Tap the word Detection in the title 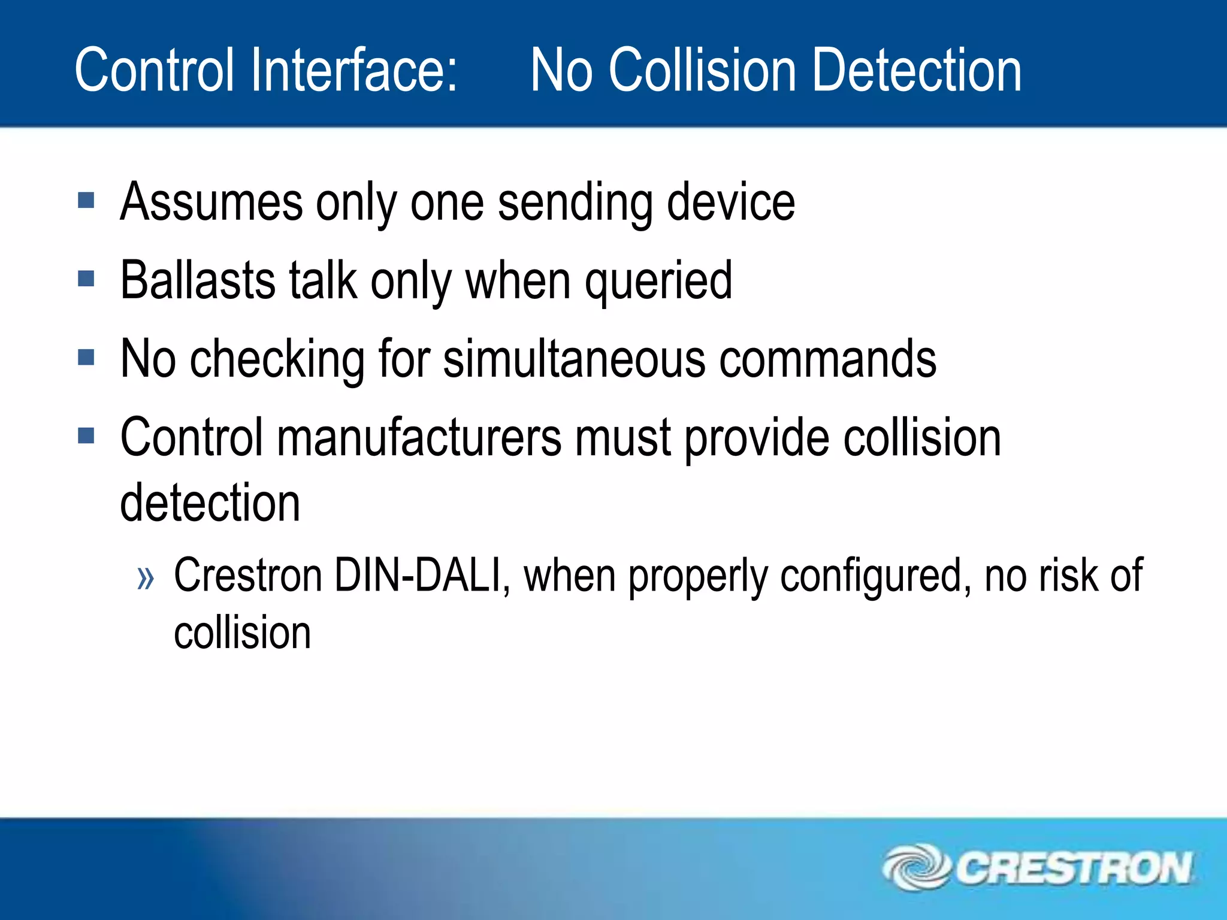pyautogui.click(x=916, y=71)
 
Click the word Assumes pyautogui.click(x=211, y=202)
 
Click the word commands pyautogui.click(x=827, y=359)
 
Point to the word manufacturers pyautogui.click(x=419, y=438)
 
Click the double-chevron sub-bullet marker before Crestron pyautogui.click(x=146, y=579)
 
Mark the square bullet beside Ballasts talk pyautogui.click(x=86, y=279)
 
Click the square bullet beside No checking pyautogui.click(x=86, y=358)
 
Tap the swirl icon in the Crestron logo pyautogui.click(x=917, y=867)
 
